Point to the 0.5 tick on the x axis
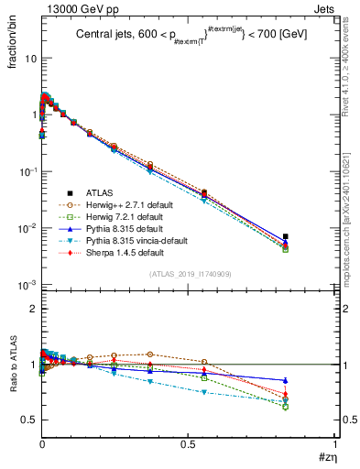[188, 445]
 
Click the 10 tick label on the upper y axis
[30, 58]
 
